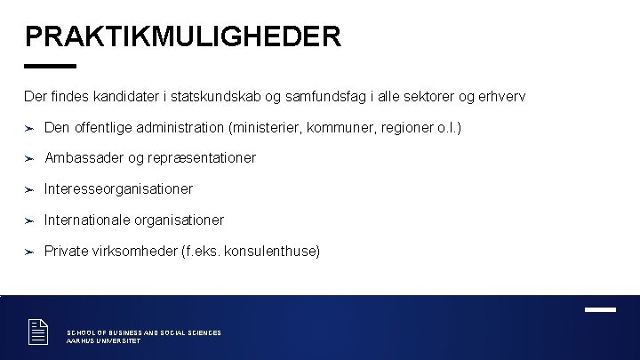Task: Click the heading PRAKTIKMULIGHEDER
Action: (x=183, y=36)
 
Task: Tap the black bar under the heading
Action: (x=51, y=66)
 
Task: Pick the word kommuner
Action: (x=340, y=127)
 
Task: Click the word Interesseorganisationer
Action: (x=118, y=188)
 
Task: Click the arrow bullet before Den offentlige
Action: (x=29, y=128)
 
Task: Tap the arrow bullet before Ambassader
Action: (x=29, y=158)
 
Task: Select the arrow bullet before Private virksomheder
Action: (x=29, y=252)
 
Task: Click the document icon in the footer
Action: (x=37, y=332)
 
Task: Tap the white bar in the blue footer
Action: (x=600, y=309)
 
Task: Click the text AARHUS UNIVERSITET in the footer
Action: (x=103, y=341)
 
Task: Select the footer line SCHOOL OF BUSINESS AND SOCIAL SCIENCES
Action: (x=144, y=332)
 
